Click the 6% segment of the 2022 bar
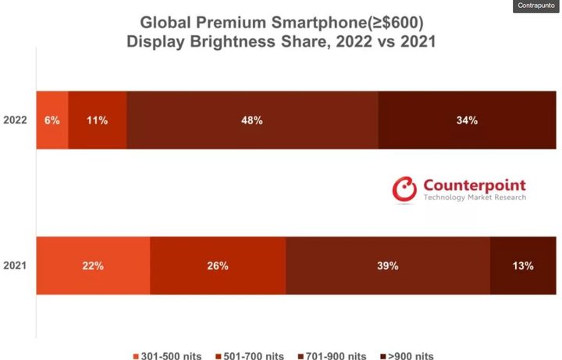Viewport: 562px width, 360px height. (52, 120)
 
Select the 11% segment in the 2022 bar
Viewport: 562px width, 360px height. (98, 120)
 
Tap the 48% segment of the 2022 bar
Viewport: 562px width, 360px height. (252, 120)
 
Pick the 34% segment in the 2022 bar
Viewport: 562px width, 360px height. (467, 120)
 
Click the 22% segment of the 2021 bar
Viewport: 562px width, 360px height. (93, 266)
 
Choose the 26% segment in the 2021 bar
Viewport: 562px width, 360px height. (218, 266)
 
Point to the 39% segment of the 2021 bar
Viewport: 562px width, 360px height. (388, 266)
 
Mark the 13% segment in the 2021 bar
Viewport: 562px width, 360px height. (523, 266)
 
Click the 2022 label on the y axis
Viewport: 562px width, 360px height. (16, 120)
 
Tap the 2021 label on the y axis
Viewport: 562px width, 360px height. (16, 266)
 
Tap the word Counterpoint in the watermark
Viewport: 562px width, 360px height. (475, 185)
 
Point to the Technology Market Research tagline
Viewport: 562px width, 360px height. (475, 198)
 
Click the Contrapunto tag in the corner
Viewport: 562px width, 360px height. (535, 6)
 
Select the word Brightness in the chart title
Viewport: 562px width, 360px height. (233, 41)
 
